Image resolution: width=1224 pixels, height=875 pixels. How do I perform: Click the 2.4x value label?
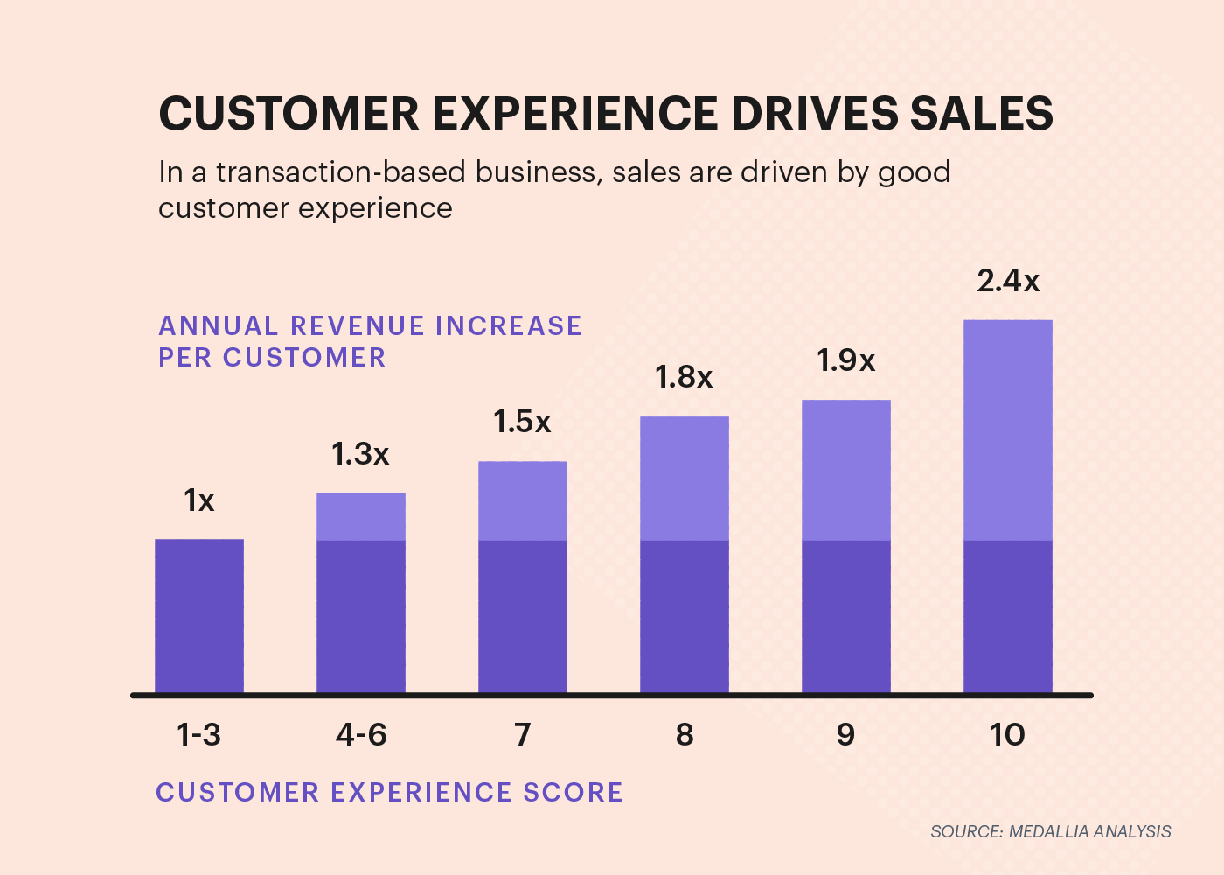click(1008, 281)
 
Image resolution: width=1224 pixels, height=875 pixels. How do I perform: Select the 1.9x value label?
click(845, 360)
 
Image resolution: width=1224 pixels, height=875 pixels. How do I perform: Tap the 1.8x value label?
click(684, 377)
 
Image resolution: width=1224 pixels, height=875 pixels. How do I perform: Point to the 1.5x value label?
click(522, 422)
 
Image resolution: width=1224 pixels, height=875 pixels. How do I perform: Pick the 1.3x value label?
click(360, 454)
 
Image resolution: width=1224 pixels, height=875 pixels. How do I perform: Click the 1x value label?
click(198, 500)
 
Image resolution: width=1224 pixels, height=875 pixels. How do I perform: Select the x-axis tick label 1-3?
click(198, 734)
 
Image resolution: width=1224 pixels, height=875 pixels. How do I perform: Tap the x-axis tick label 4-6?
click(360, 734)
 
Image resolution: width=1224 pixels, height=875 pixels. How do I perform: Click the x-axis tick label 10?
click(1007, 734)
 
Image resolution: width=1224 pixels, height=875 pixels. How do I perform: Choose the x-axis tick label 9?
click(845, 734)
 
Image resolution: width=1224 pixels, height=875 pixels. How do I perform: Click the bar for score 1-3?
click(199, 617)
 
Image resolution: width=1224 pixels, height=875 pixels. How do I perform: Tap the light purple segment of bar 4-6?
click(361, 517)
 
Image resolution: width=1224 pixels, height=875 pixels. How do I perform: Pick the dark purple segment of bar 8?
click(685, 617)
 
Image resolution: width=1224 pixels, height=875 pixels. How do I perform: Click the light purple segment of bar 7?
click(523, 501)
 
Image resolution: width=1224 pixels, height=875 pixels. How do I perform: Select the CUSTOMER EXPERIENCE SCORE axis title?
click(389, 792)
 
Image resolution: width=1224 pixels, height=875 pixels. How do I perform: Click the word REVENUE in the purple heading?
click(358, 325)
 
